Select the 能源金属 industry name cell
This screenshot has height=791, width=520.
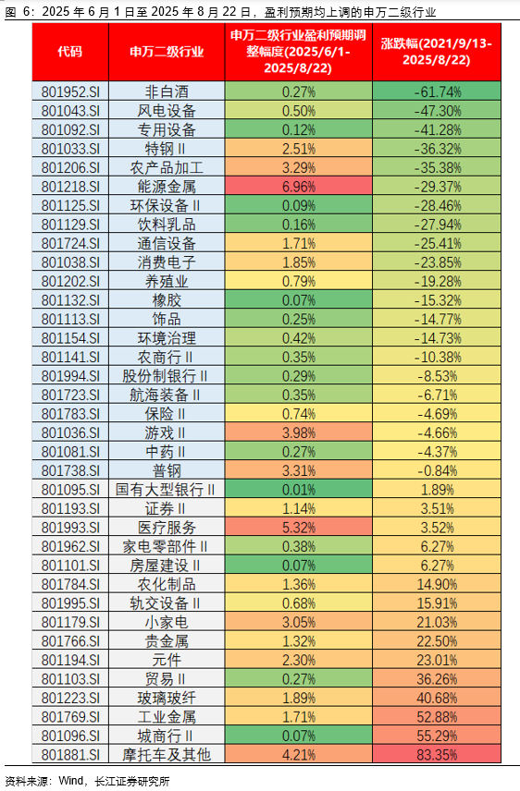click(x=166, y=187)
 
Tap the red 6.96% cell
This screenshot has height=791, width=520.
click(x=299, y=187)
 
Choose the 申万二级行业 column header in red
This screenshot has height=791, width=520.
click(x=166, y=51)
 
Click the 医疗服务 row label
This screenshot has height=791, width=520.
click(x=166, y=527)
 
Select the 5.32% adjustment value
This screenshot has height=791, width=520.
click(x=299, y=527)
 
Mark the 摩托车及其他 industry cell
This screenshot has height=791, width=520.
click(x=166, y=755)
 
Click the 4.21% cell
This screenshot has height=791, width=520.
click(x=299, y=755)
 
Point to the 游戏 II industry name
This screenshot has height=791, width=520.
click(x=166, y=432)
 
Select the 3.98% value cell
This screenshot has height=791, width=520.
click(x=299, y=432)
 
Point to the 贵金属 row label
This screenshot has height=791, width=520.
click(x=166, y=641)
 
